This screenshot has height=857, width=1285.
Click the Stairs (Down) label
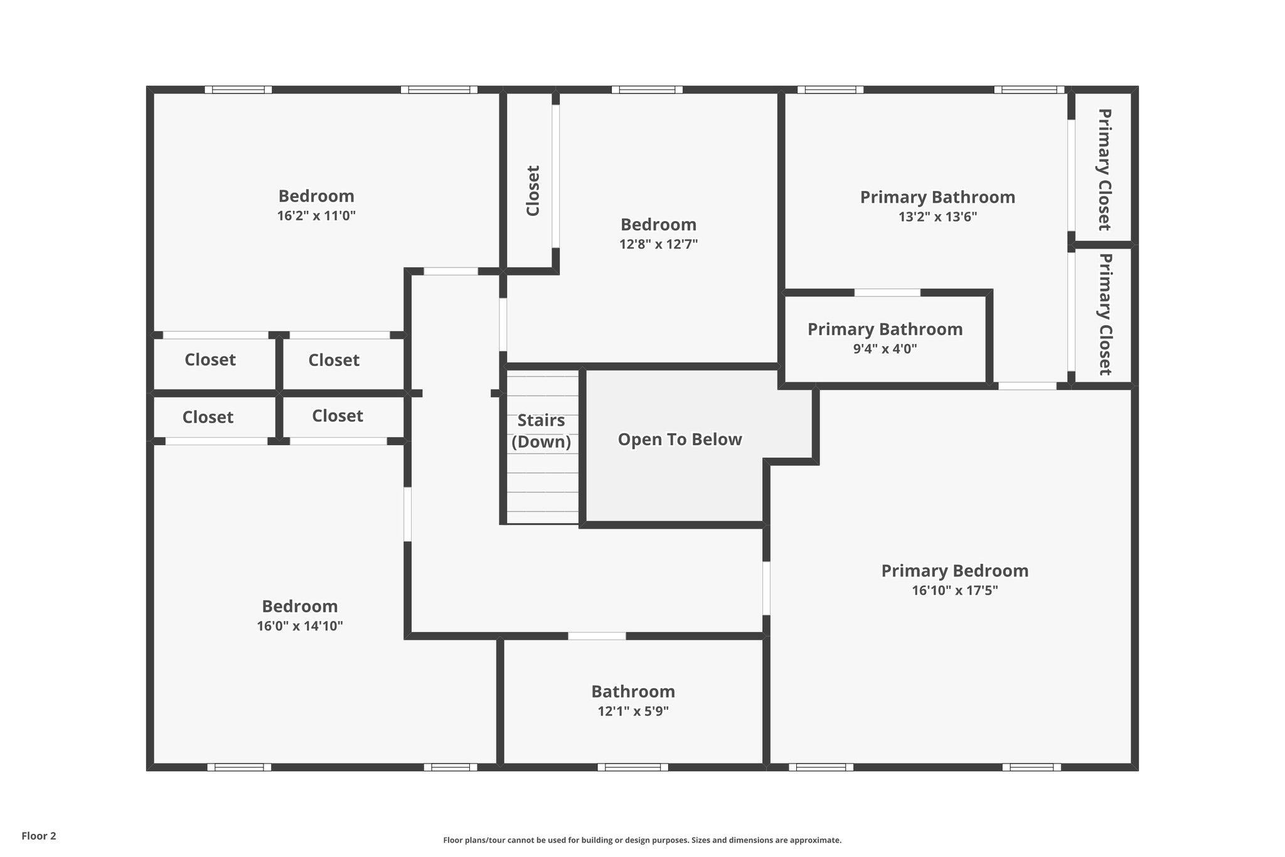click(x=541, y=431)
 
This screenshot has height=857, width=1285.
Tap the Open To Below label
click(x=680, y=439)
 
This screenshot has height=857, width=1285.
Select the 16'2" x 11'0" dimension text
click(x=316, y=216)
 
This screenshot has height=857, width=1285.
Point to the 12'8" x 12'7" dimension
click(x=658, y=244)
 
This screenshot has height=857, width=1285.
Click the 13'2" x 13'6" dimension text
click(x=937, y=217)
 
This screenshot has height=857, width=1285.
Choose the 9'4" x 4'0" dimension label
click(x=885, y=349)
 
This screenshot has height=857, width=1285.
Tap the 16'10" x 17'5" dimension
click(x=954, y=590)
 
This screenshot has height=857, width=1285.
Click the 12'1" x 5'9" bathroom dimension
click(x=633, y=711)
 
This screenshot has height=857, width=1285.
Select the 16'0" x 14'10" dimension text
click(x=299, y=626)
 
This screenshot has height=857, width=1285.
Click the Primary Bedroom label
click(x=954, y=571)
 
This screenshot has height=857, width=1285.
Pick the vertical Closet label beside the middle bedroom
click(x=533, y=191)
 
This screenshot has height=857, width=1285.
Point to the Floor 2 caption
click(x=39, y=836)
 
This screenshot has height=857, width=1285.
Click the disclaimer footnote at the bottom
click(x=642, y=840)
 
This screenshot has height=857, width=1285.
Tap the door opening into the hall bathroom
click(x=597, y=636)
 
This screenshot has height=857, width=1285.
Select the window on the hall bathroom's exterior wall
click(x=632, y=767)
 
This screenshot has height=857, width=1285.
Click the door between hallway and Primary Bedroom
click(x=766, y=588)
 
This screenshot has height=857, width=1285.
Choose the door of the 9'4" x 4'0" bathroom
click(x=887, y=293)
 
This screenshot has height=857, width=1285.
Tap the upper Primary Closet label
click(x=1104, y=170)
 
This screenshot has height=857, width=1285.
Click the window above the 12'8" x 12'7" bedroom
click(x=647, y=90)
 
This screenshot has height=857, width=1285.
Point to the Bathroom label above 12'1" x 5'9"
click(x=633, y=691)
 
